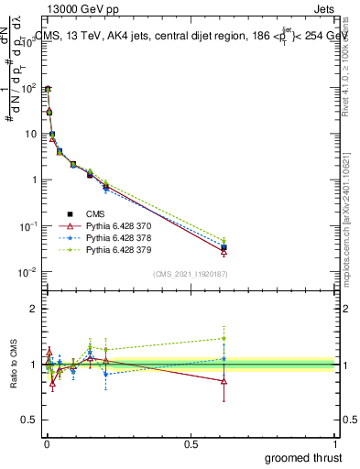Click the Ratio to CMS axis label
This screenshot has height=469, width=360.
pos(12,381)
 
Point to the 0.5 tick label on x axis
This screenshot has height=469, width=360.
pos(191,443)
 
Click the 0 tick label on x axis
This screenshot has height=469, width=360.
pos(47,443)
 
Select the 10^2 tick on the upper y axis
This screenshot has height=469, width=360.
pos(30,88)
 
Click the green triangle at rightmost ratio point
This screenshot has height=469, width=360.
pos(224,338)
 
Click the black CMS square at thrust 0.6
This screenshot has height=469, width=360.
pos(224,247)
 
